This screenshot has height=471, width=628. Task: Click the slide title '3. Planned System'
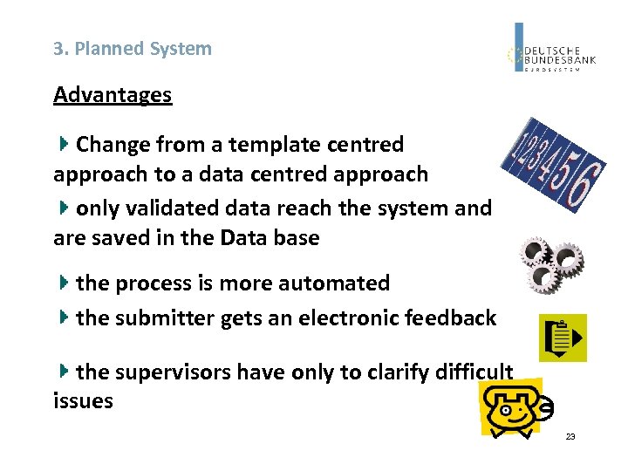point(133,49)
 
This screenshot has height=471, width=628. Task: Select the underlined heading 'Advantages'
point(113,94)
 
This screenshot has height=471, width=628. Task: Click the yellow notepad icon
point(563,337)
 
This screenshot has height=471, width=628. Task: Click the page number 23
point(570,436)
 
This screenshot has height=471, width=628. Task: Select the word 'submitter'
point(165,318)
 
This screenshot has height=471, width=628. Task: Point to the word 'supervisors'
point(174,372)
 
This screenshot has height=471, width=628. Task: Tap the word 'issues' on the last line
point(83,401)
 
